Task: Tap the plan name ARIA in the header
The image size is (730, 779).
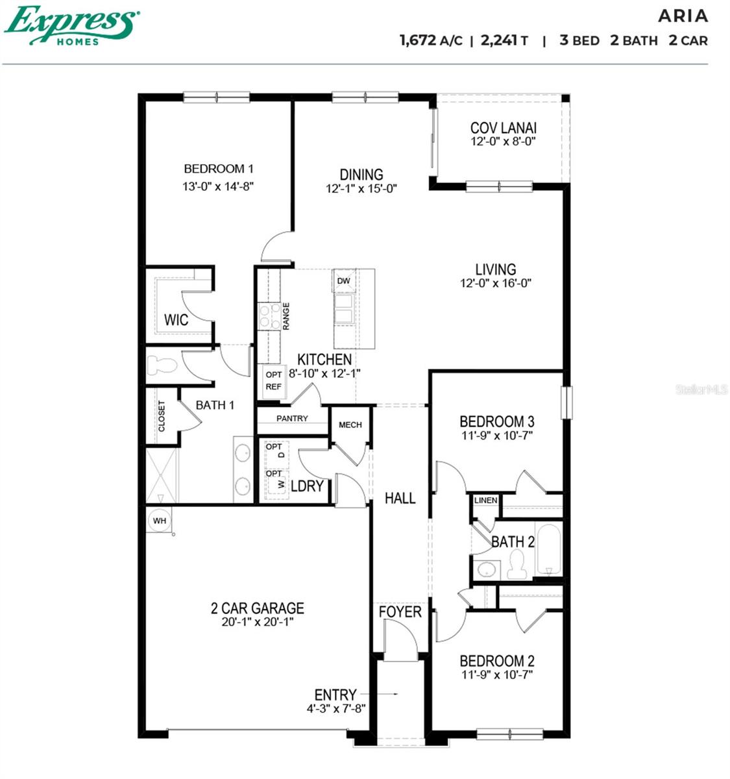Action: (683, 16)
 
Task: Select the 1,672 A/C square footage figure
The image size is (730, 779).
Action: (431, 40)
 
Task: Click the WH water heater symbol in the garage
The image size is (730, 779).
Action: (160, 521)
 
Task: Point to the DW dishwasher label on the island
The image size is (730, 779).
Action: (344, 281)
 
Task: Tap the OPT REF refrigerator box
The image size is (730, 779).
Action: (274, 381)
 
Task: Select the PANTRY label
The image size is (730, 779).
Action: (292, 419)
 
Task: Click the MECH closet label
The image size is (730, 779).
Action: (350, 425)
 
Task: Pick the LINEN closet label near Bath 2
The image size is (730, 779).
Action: (485, 500)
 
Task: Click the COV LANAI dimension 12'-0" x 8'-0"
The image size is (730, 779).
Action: (503, 142)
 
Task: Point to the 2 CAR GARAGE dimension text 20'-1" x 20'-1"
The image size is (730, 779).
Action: (257, 622)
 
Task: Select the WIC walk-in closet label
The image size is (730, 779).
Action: (176, 320)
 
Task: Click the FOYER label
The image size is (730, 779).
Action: (400, 612)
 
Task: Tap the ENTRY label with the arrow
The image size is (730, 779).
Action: (335, 695)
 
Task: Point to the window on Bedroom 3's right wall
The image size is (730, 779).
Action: (566, 402)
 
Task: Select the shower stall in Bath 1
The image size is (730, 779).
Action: (161, 475)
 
